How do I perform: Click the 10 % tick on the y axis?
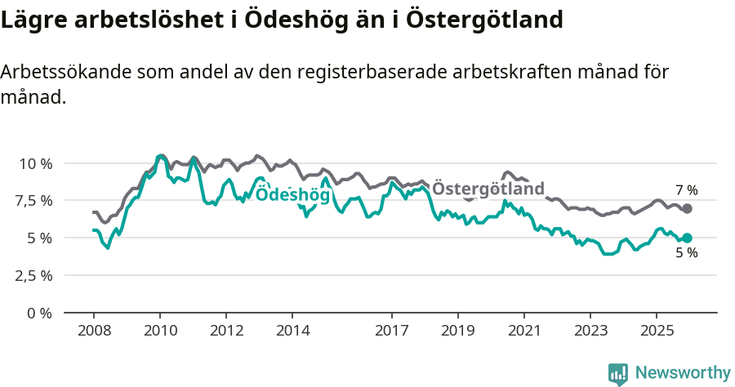click(35, 163)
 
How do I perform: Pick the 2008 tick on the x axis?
click(94, 331)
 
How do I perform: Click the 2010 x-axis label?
click(160, 331)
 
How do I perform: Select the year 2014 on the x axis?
click(292, 331)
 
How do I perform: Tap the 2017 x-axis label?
click(391, 331)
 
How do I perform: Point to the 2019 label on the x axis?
click(457, 331)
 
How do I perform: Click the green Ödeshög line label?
click(292, 195)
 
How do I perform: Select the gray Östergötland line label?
click(488, 189)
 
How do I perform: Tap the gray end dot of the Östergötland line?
click(687, 209)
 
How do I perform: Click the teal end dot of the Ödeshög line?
click(687, 238)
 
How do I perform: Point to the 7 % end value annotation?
click(686, 190)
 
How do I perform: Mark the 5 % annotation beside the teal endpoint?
click(686, 254)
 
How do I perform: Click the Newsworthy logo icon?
click(618, 373)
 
